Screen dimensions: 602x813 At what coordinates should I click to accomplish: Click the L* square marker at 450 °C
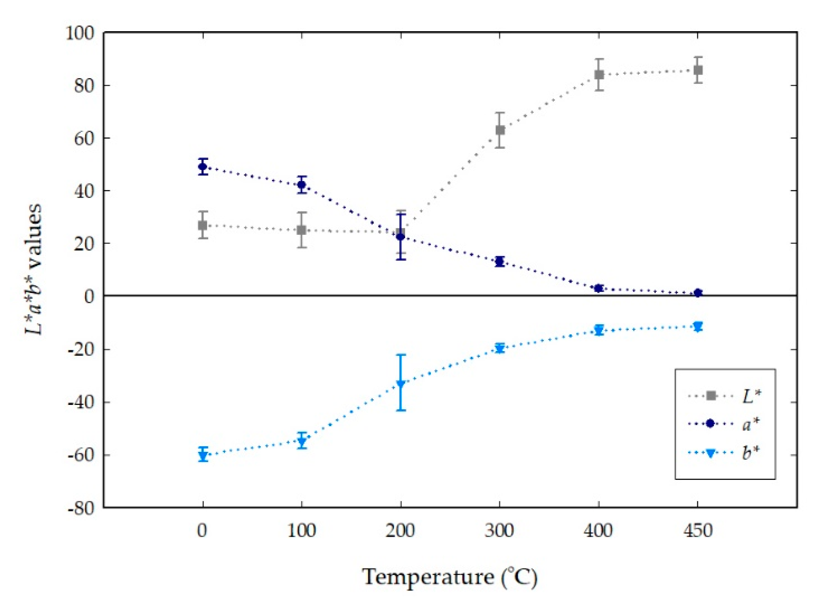(698, 70)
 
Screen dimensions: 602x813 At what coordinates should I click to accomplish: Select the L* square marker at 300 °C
(500, 130)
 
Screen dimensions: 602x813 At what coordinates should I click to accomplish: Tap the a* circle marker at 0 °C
(202, 166)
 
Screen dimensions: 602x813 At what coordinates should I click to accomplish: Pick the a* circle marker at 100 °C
(302, 184)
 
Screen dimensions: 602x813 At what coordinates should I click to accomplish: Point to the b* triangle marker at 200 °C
(401, 384)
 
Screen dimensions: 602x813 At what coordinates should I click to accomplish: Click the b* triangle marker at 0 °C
(203, 455)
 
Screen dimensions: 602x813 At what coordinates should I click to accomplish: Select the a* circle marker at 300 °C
(500, 261)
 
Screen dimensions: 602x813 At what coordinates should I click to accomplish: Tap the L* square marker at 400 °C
(599, 75)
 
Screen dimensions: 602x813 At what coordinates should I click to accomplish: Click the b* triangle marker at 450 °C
(698, 327)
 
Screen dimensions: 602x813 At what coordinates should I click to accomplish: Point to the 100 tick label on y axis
(80, 33)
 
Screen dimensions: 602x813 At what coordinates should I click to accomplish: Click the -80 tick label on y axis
(81, 508)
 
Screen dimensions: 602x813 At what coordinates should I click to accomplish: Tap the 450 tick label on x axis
(698, 531)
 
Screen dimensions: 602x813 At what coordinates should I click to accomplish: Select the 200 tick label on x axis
(400, 531)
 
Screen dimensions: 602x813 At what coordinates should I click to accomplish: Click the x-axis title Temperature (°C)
(450, 577)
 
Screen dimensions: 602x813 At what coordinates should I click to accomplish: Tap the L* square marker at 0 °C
(202, 225)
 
